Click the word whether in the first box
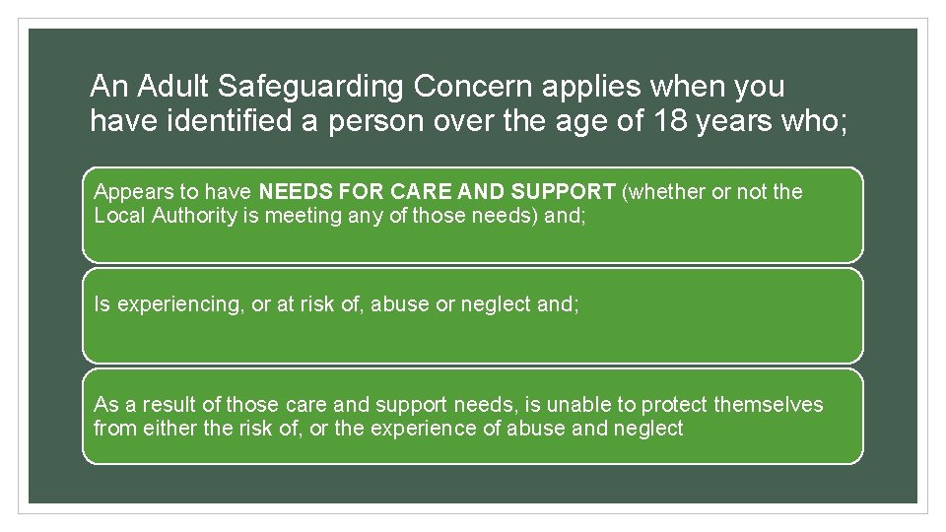click(x=665, y=192)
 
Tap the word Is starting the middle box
click(x=101, y=304)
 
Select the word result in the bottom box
click(x=166, y=405)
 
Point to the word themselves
click(x=769, y=405)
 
